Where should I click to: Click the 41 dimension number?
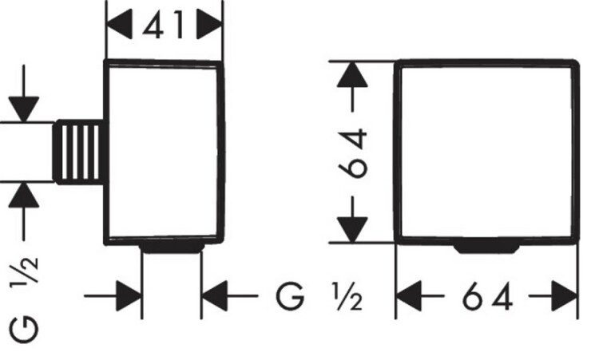(x=164, y=25)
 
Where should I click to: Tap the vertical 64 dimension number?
(x=352, y=153)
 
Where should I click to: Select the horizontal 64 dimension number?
(x=487, y=296)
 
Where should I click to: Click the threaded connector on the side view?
(x=79, y=152)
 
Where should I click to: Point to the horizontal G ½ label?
(x=319, y=296)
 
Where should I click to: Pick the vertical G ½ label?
(x=24, y=299)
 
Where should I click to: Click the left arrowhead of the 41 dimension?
(x=120, y=25)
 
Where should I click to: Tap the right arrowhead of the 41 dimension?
(x=209, y=25)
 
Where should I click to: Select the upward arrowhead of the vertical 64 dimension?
(x=352, y=74)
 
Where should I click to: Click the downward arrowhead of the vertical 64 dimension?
(x=352, y=229)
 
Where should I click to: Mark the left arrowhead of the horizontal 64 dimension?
(x=409, y=296)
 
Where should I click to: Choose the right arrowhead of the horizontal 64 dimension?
(x=564, y=296)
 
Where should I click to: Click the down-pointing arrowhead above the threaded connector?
(x=24, y=109)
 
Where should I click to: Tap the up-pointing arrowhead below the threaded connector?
(x=24, y=195)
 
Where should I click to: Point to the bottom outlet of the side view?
(x=172, y=247)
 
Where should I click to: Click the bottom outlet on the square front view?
(x=487, y=248)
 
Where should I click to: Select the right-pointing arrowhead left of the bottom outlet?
(x=129, y=296)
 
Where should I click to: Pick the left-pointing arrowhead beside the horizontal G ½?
(x=215, y=296)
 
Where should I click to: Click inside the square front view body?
(x=486, y=152)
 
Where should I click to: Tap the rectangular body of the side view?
(x=164, y=152)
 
